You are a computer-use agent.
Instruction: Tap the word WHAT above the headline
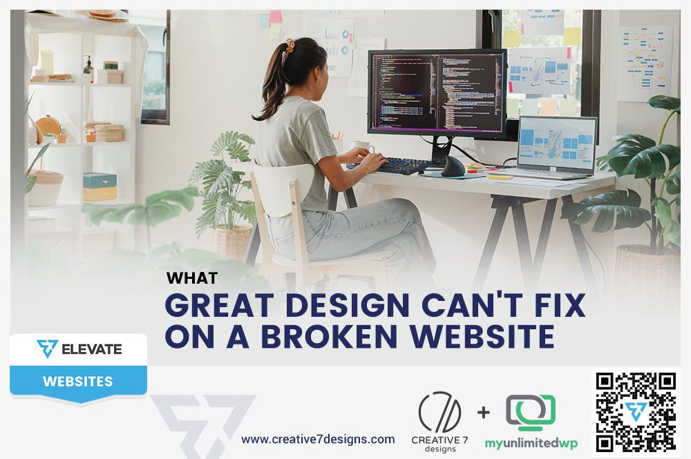coord(192,277)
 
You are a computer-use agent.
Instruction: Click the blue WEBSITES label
coord(77,381)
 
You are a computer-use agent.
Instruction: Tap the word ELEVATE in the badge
coord(91,349)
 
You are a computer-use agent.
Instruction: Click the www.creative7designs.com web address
coord(318,439)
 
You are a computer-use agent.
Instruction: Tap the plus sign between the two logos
coord(484,413)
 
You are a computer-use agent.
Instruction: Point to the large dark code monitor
coord(437,93)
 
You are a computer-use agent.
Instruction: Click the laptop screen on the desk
coord(556,143)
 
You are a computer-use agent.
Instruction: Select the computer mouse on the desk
coord(453,166)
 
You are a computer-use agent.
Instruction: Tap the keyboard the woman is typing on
coord(390,164)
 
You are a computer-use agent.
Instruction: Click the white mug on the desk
coord(361,146)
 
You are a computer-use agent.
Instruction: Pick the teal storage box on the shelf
coord(99,180)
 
